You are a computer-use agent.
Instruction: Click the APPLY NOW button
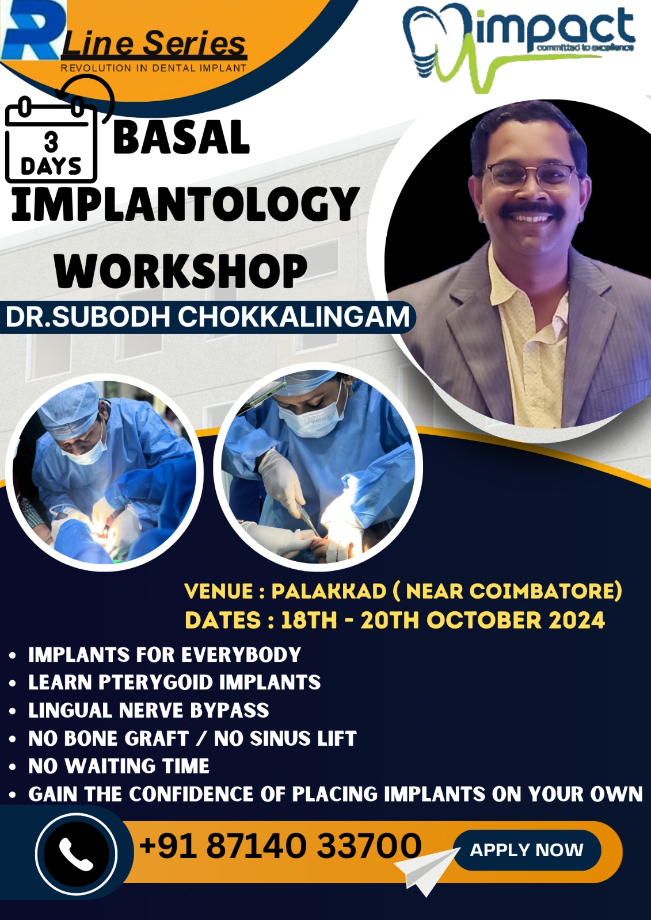527,850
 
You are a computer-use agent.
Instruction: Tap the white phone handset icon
76,854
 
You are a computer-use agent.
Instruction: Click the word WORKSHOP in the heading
181,271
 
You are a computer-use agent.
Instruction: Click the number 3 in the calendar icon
51,142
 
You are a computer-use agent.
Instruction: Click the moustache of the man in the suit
531,210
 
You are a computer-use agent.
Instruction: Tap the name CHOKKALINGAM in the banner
293,317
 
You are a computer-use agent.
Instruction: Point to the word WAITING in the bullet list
111,766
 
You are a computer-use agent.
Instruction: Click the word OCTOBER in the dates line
484,620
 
